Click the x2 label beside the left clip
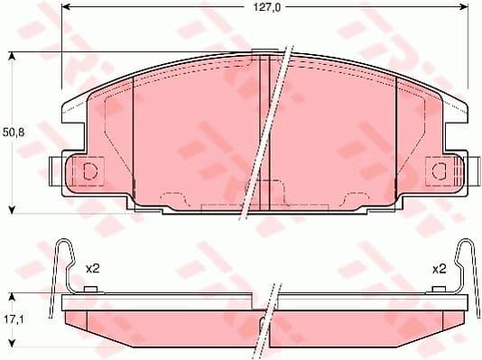(x=91, y=268)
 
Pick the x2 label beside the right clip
(x=440, y=268)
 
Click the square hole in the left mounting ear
(x=89, y=171)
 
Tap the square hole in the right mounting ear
(x=440, y=171)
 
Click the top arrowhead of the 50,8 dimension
(x=12, y=57)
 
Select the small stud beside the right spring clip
(x=439, y=290)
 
